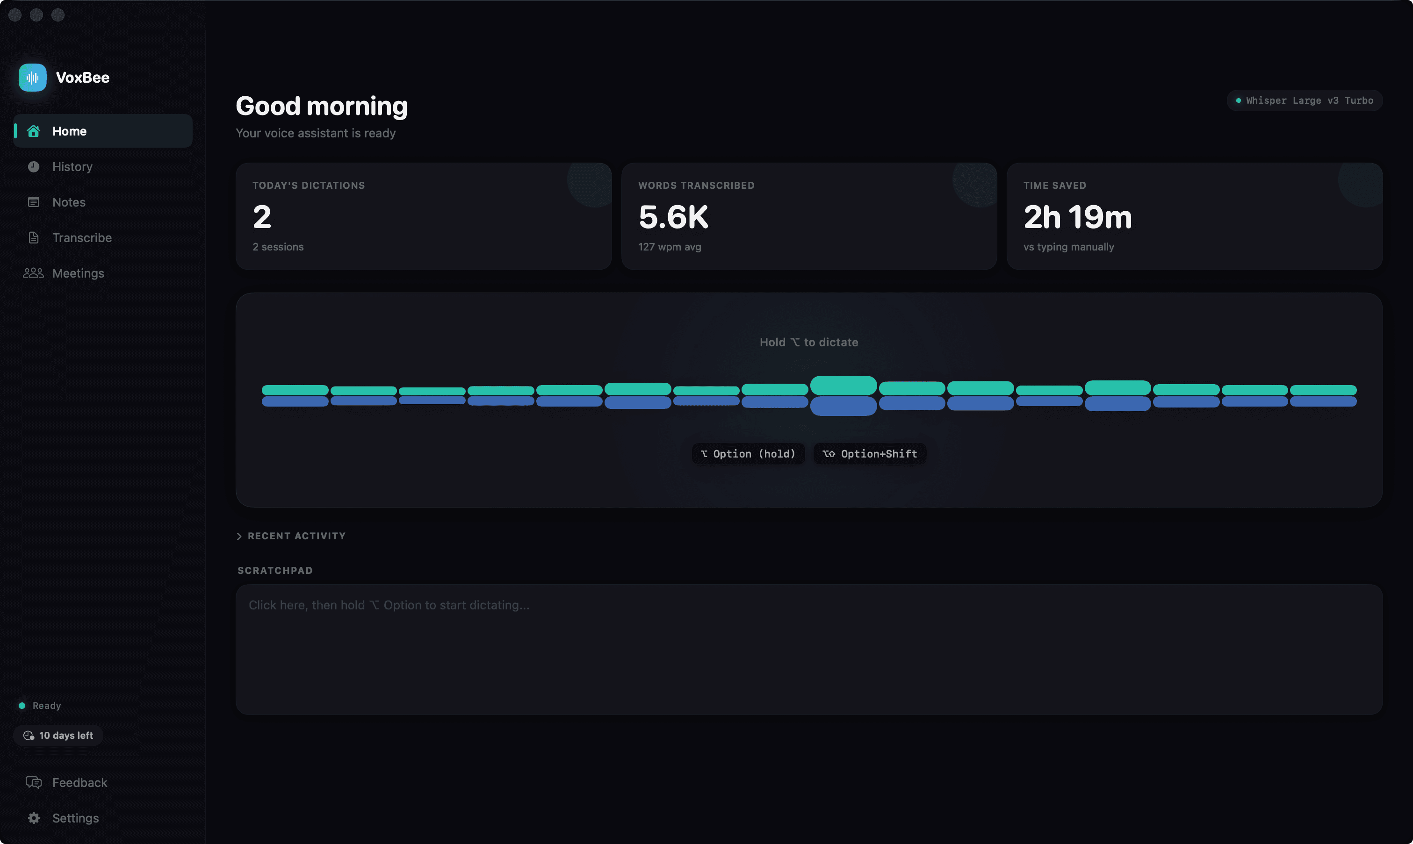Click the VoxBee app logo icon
(32, 78)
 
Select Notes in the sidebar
(68, 202)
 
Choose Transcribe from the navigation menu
(81, 238)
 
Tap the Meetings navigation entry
(78, 273)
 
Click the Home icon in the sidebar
(34, 131)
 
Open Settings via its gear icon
(34, 818)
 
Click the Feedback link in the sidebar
(79, 783)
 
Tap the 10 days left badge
(58, 736)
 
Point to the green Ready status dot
(22, 706)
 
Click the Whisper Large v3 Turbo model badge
(1305, 100)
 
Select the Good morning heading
(321, 107)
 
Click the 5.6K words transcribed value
(673, 217)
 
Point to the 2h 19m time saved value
(1077, 217)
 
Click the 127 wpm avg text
(670, 247)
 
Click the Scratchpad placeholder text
(389, 605)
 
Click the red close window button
(15, 15)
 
